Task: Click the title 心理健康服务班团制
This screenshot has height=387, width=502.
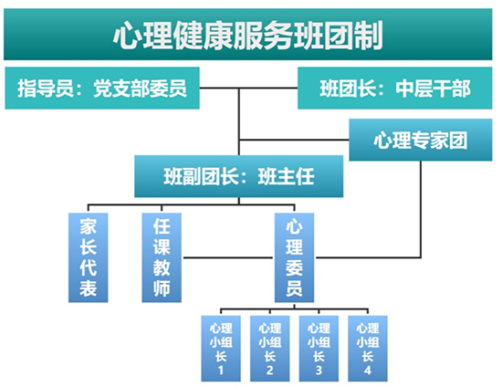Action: tap(247, 35)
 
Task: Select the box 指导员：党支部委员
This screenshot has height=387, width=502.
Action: tap(102, 88)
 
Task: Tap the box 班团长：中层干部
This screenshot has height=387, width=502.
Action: tap(394, 88)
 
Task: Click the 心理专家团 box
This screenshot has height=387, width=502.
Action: tap(421, 140)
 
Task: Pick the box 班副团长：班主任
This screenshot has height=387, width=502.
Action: tap(239, 176)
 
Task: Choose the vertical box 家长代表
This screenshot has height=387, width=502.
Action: tap(88, 257)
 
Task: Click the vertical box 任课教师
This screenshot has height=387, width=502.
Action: tap(162, 257)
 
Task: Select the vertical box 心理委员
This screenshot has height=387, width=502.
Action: tap(294, 257)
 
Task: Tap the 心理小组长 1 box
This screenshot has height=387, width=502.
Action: tap(221, 349)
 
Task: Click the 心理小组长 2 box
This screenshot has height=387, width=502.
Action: tap(270, 349)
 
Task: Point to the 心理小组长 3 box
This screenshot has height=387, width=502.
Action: tap(319, 349)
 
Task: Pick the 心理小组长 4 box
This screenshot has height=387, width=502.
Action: tap(368, 349)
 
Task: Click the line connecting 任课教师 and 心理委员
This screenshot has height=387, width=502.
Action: tap(228, 257)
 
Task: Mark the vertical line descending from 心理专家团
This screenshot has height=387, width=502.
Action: tap(421, 209)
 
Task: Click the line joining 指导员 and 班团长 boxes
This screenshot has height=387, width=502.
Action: tap(249, 88)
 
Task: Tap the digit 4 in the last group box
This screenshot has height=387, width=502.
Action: tap(368, 371)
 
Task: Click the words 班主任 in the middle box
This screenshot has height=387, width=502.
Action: tap(287, 177)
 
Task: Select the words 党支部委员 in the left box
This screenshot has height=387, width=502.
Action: tap(140, 89)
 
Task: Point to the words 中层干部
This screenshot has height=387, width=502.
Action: tap(433, 89)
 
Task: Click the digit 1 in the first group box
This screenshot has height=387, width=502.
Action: tap(221, 371)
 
